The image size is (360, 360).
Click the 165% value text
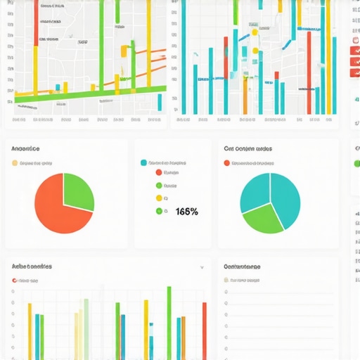pos(186,211)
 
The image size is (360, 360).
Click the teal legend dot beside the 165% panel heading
pos(144,162)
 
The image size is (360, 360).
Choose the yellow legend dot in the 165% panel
pos(158,198)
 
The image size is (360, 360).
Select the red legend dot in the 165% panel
pos(158,172)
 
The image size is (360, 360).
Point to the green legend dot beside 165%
pos(158,210)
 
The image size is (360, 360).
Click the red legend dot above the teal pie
pos(226,163)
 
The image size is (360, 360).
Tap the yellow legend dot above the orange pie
pos(14,163)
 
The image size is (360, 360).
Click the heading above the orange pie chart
pos(25,149)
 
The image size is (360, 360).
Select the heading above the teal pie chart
pos(247,149)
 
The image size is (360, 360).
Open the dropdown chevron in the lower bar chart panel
pos(202,267)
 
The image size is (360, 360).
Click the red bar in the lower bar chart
pos(205,330)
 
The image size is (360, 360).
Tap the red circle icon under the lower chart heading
pos(14,280)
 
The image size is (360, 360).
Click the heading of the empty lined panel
pos(241,267)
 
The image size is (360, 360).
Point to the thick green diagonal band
pos(91,92)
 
